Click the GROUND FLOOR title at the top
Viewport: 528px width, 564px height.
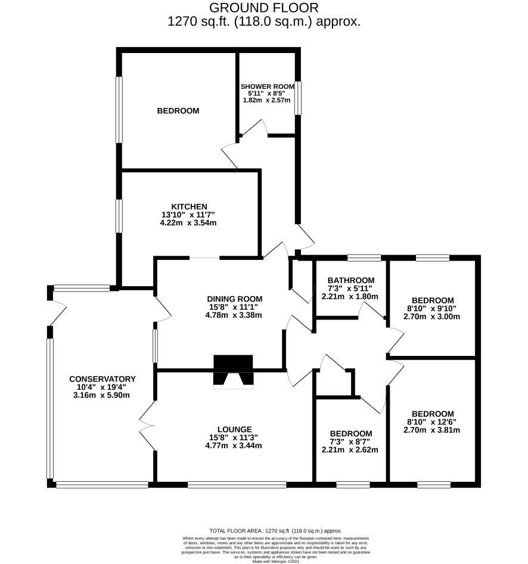tap(264, 8)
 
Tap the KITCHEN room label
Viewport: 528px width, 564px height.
tap(189, 206)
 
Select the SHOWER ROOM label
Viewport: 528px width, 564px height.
tap(268, 86)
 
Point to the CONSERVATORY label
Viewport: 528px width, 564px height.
tap(103, 379)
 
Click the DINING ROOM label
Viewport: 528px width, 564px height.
tap(235, 299)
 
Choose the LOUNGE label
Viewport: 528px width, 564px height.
tap(235, 429)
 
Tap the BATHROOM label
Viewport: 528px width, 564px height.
tap(351, 280)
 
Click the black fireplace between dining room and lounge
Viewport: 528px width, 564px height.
tap(233, 370)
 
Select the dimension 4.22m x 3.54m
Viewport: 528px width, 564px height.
tap(188, 222)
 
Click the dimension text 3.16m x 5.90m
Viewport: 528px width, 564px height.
tap(101, 395)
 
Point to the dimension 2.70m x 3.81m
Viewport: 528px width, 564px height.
tap(431, 430)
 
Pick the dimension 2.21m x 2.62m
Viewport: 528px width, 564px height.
tap(350, 450)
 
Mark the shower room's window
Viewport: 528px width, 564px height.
tap(298, 98)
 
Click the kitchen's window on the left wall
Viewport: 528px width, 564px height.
tap(119, 216)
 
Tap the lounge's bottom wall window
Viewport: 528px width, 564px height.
tap(237, 485)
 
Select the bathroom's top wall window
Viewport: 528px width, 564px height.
tap(364, 258)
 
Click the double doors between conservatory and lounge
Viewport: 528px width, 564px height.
tap(147, 426)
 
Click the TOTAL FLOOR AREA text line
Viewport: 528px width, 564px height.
tap(276, 531)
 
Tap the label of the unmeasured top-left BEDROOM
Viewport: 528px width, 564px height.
tap(178, 111)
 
